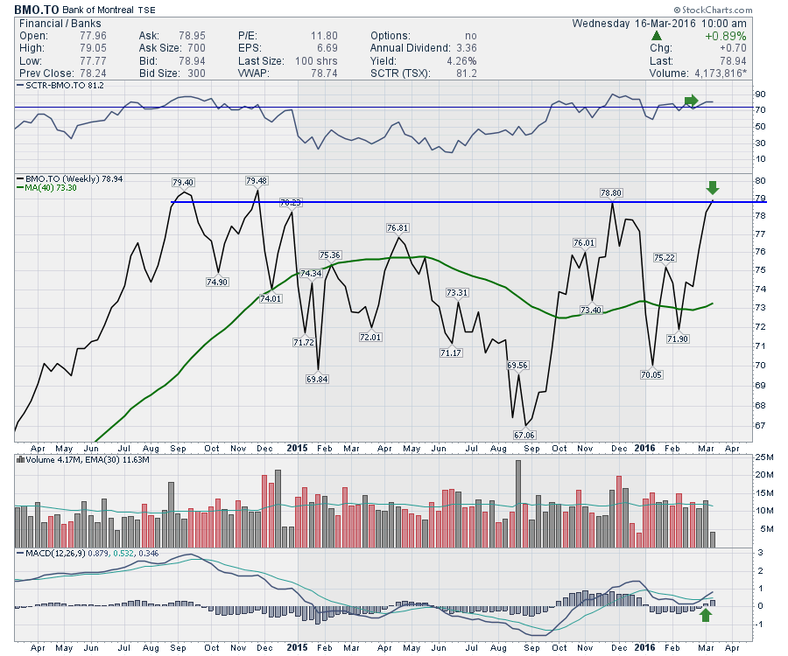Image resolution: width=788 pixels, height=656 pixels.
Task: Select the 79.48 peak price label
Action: (x=257, y=181)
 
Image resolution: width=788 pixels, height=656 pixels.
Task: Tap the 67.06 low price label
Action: (x=524, y=434)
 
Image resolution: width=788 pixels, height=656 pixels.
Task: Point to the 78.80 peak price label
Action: (x=610, y=192)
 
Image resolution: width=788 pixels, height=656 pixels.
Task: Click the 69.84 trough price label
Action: (x=317, y=379)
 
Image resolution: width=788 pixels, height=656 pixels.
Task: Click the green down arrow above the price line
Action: (x=712, y=187)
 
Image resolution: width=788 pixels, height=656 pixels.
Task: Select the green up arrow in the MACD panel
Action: (x=705, y=616)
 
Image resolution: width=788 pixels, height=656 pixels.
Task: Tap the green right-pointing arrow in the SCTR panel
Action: (x=692, y=100)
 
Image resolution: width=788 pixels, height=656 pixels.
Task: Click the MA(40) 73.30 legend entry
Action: (x=46, y=187)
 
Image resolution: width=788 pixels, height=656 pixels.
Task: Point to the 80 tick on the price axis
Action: (x=735, y=179)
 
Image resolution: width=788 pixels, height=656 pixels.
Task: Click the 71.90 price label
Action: (x=679, y=338)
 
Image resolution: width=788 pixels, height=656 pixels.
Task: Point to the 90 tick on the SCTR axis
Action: (x=736, y=94)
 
